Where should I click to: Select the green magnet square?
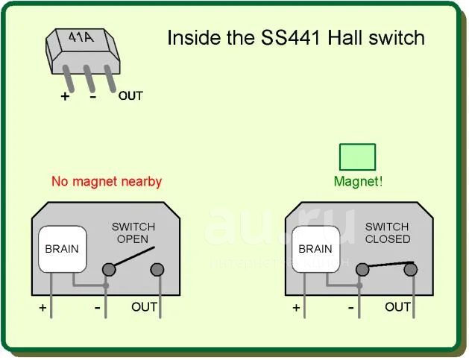tap(357, 157)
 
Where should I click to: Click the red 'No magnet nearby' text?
tap(107, 181)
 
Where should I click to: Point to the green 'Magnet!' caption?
tap(358, 181)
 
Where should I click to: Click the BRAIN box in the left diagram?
tap(61, 249)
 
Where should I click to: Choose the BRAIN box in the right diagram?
tap(315, 249)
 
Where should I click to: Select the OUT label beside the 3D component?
tap(130, 95)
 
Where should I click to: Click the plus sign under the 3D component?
tap(66, 95)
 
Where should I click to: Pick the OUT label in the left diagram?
tap(145, 306)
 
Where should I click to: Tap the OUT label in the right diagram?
tap(398, 306)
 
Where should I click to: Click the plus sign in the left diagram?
tap(43, 307)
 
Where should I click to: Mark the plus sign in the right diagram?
tap(297, 307)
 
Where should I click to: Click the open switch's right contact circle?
tap(157, 269)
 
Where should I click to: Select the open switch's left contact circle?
tap(108, 269)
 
